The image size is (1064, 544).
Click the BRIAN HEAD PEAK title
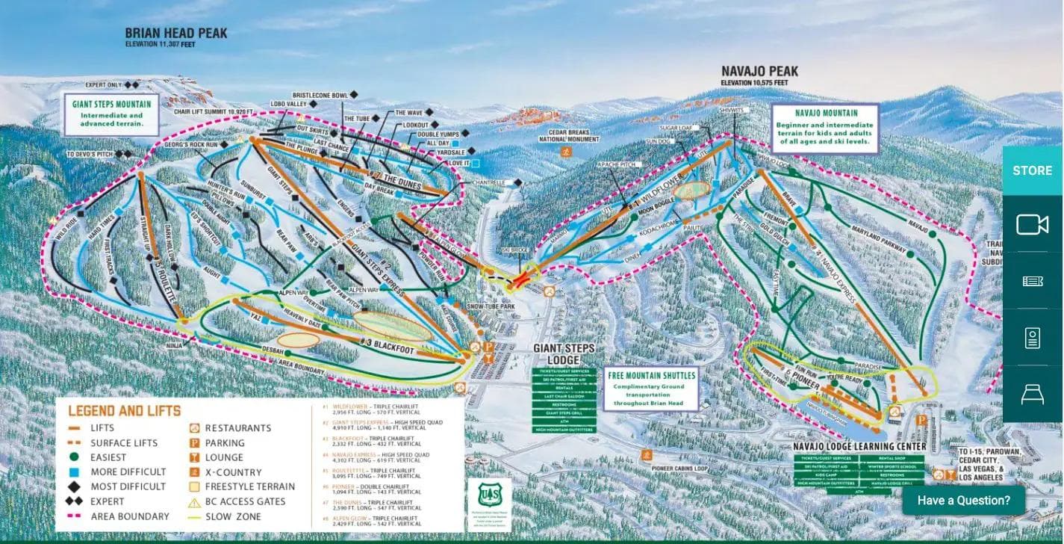pyautogui.click(x=176, y=34)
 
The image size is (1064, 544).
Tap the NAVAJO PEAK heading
pyautogui.click(x=759, y=72)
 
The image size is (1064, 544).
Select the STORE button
pyautogui.click(x=1032, y=170)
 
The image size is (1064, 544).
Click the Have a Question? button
pyautogui.click(x=963, y=500)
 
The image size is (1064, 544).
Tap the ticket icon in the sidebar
pyautogui.click(x=1032, y=281)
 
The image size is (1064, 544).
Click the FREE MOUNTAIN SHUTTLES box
pyautogui.click(x=651, y=389)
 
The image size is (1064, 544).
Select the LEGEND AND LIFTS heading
pyautogui.click(x=124, y=411)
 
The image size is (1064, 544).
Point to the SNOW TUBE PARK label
pyautogui.click(x=491, y=307)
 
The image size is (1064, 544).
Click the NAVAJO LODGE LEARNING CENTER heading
pyautogui.click(x=859, y=447)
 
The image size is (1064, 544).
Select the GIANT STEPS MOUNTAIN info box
pyautogui.click(x=112, y=114)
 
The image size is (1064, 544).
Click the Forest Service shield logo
pyautogui.click(x=489, y=495)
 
